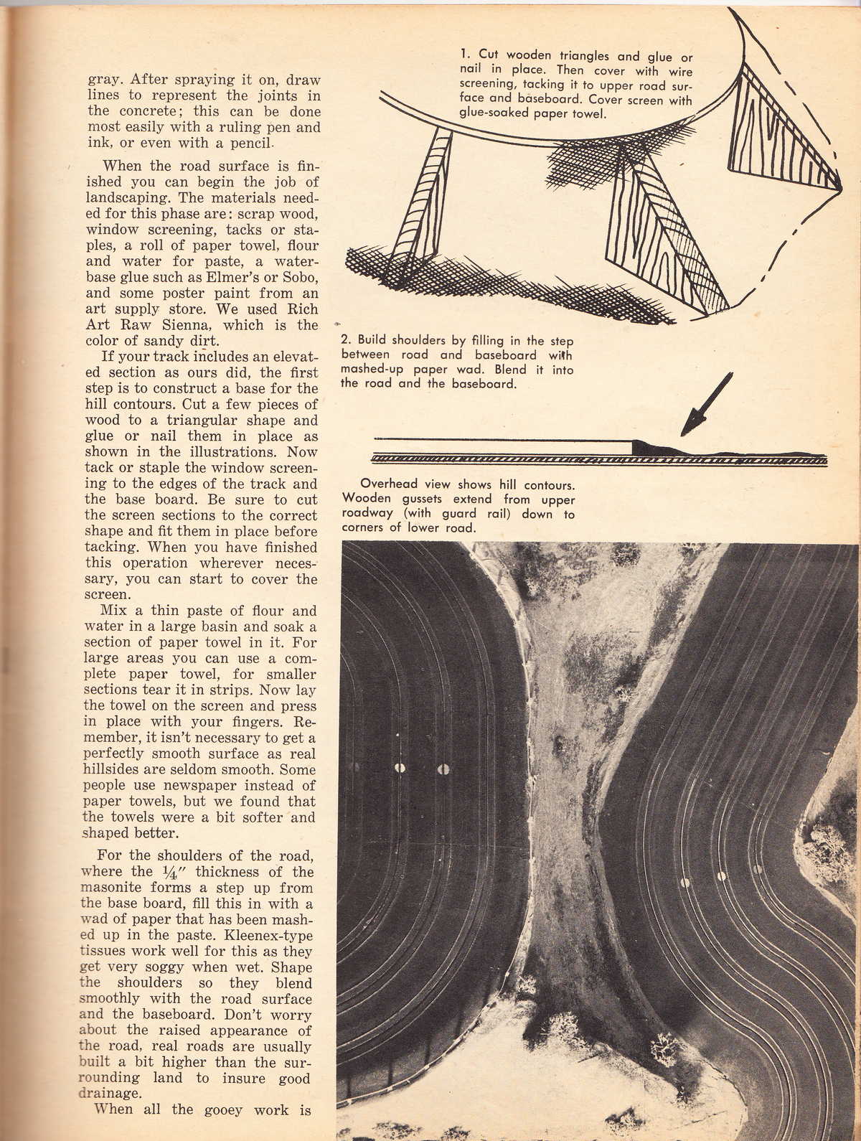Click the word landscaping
tap(128, 198)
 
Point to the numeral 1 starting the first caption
tap(464, 55)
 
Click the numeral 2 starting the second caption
tap(344, 341)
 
